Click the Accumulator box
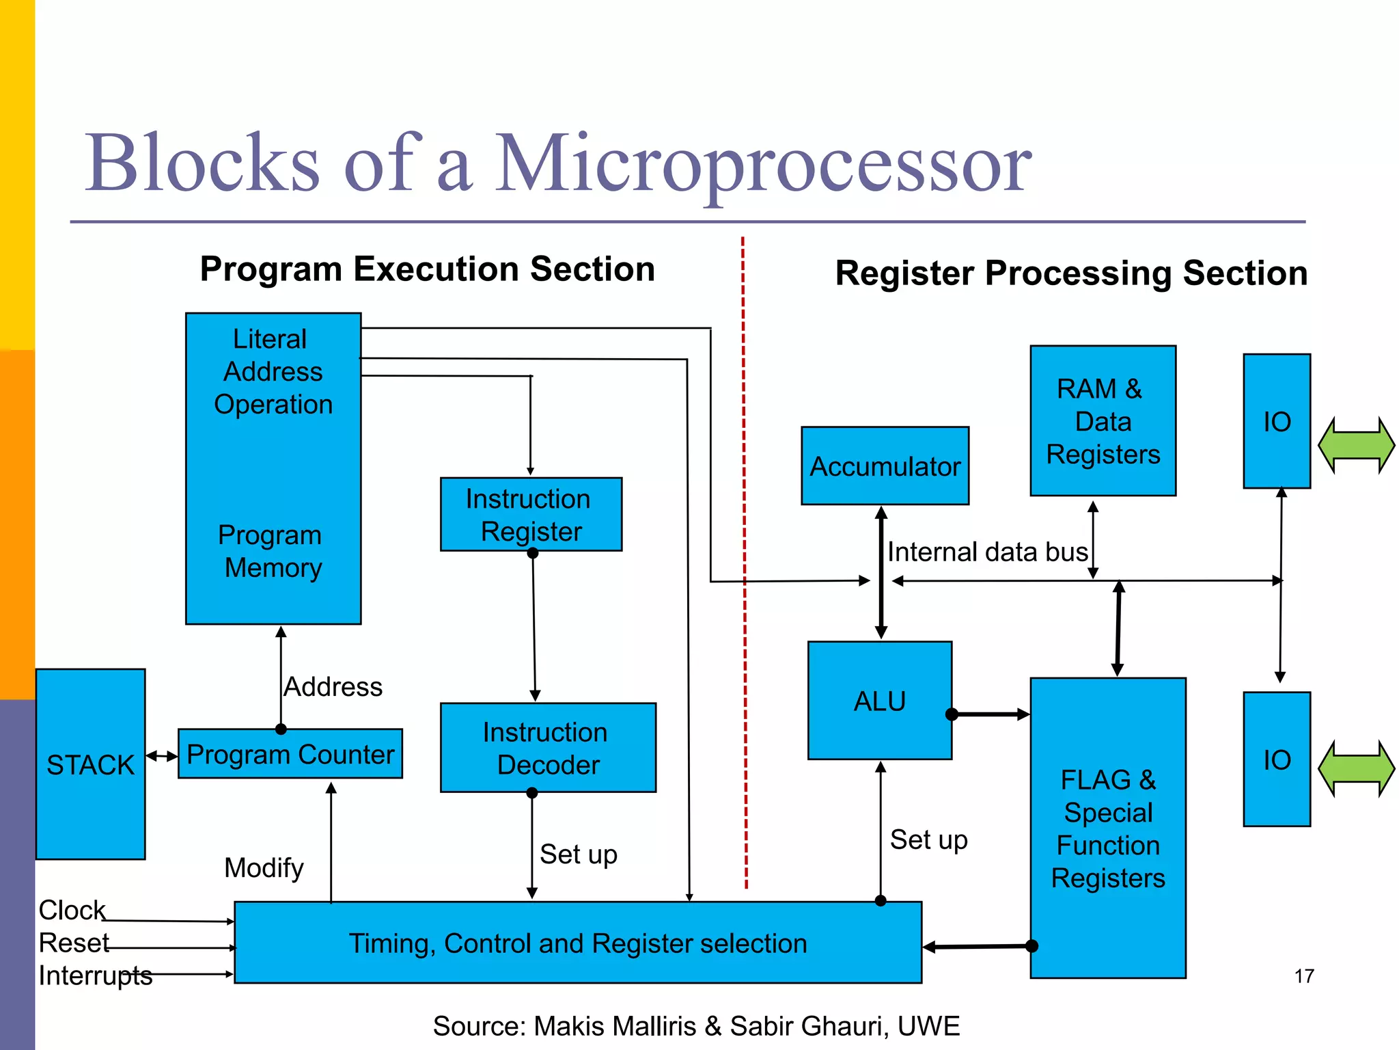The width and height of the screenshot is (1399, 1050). [x=885, y=466]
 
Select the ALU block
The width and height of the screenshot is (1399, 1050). [x=879, y=701]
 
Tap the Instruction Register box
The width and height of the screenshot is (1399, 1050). [x=531, y=515]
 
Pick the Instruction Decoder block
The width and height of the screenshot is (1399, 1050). [x=548, y=748]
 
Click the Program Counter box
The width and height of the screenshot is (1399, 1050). [x=290, y=754]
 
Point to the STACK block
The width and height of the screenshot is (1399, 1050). [x=90, y=764]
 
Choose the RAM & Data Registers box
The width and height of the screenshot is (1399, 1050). [x=1103, y=421]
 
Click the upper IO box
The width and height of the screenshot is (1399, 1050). [x=1276, y=421]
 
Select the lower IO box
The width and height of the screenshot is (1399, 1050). [x=1276, y=759]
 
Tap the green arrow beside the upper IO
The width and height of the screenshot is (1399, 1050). [x=1356, y=445]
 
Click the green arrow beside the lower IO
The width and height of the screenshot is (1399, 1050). [x=1356, y=769]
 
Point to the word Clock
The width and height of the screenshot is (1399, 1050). [x=72, y=910]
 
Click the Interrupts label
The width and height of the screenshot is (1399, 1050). [x=95, y=975]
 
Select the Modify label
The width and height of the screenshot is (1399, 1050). [x=264, y=868]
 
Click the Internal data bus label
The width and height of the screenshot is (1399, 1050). [x=987, y=552]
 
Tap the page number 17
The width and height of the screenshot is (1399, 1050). [x=1303, y=976]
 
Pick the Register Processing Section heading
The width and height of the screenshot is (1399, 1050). [x=1071, y=273]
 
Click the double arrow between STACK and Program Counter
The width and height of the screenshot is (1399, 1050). [x=162, y=756]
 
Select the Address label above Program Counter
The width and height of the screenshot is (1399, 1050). [x=333, y=686]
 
